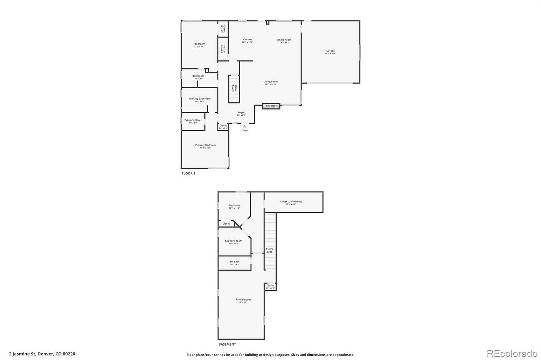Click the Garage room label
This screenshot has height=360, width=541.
click(330, 51)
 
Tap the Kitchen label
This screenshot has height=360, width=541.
click(247, 39)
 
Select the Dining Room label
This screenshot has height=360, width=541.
click(284, 40)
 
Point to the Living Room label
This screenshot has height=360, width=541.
click(270, 82)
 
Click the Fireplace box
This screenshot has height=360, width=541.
click(271, 106)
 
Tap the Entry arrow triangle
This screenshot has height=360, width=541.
click(244, 126)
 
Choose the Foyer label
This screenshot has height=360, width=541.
click(241, 113)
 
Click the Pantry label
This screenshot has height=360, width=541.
click(222, 49)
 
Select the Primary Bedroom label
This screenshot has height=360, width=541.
click(206, 145)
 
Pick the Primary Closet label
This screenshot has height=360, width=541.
click(193, 120)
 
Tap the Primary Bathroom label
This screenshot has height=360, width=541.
click(199, 99)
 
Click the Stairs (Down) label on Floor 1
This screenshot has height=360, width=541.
click(234, 88)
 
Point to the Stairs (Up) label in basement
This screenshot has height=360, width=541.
click(269, 250)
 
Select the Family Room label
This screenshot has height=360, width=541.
click(243, 299)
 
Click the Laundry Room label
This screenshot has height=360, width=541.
click(234, 241)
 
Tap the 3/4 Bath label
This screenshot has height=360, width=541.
click(235, 261)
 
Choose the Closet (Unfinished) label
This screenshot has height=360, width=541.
click(291, 202)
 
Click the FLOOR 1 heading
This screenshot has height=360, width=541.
click(188, 173)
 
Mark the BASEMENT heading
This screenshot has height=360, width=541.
click(227, 345)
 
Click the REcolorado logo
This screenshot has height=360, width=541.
click(512, 353)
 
